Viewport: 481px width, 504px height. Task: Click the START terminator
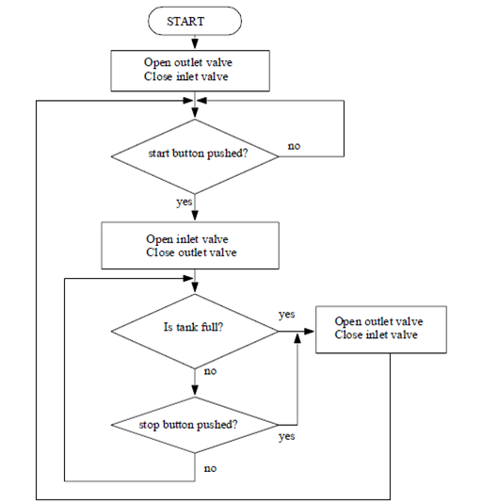click(x=195, y=20)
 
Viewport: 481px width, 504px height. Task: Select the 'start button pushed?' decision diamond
click(x=195, y=154)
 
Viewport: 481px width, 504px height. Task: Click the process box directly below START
click(x=195, y=68)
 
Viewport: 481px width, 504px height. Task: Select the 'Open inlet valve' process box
click(x=195, y=246)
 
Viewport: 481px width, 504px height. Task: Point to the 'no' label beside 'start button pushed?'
click(x=294, y=146)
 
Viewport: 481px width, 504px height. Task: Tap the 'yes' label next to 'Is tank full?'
click(x=289, y=313)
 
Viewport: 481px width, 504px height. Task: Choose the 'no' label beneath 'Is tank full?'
click(x=209, y=370)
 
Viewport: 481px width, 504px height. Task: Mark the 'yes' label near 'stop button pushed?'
click(x=288, y=437)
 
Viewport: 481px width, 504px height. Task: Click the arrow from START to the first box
click(x=195, y=41)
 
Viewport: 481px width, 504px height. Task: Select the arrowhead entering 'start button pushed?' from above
click(x=195, y=115)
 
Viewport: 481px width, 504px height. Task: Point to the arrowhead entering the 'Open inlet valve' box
click(x=195, y=219)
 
